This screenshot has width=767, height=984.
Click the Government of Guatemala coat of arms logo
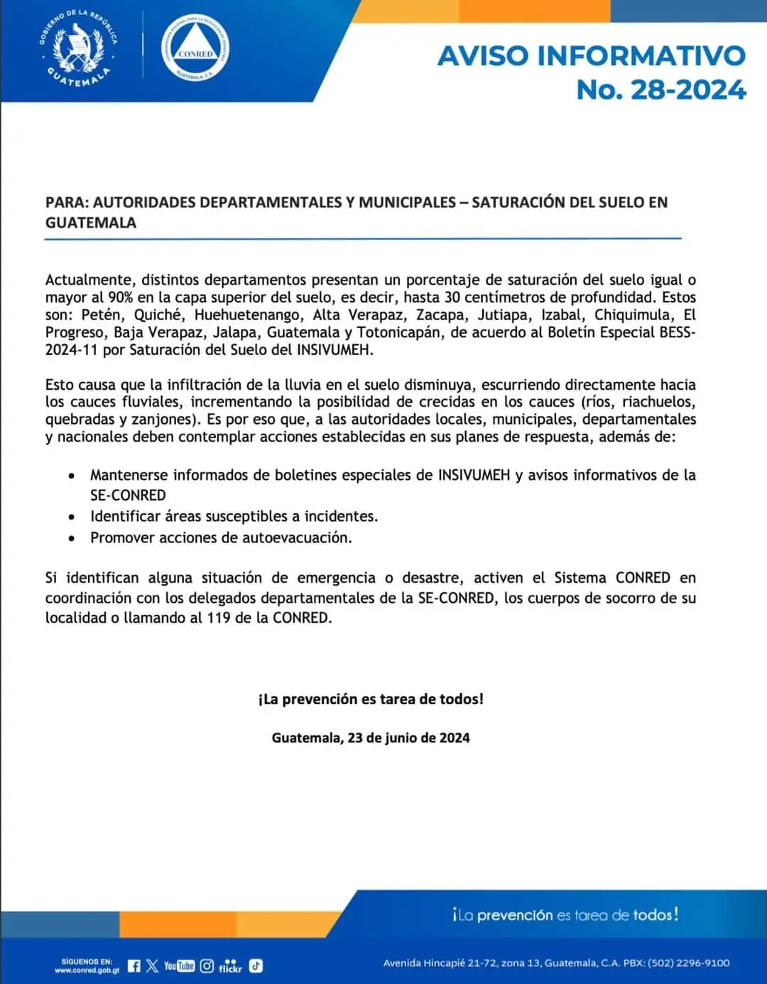tap(78, 49)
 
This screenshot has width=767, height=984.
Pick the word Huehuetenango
tap(247, 315)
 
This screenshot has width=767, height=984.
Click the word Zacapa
tap(440, 315)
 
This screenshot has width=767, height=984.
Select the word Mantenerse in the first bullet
tap(129, 475)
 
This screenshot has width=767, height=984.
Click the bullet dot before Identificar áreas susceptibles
tap(72, 518)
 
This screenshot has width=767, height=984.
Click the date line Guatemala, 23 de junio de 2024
tap(371, 738)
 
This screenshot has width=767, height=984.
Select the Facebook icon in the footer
tap(134, 966)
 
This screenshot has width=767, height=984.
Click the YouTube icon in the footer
tap(179, 966)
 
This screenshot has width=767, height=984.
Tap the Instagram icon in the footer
tap(207, 966)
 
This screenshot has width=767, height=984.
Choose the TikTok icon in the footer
tap(256, 966)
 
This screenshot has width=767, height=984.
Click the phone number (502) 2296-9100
tap(688, 963)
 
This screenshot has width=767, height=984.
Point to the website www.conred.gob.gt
tap(87, 970)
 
